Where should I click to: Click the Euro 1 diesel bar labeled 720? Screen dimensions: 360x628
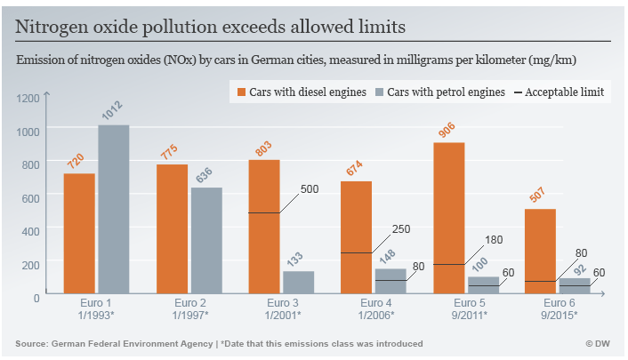(79, 235)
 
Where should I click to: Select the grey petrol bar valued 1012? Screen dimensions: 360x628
(113, 211)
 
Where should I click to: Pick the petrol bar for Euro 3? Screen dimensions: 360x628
(298, 284)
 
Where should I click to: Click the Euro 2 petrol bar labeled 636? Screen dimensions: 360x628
(205, 242)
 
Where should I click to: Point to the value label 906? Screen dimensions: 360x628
(447, 131)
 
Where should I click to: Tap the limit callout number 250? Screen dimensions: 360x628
(400, 229)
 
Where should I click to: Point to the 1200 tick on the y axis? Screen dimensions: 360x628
(29, 98)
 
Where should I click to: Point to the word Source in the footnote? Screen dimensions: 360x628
(32, 343)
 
